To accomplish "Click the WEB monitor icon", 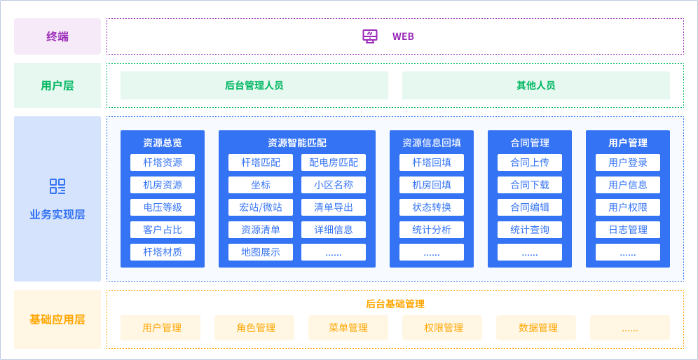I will point(370,36).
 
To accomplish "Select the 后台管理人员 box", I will point(254,85).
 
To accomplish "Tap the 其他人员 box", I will point(535,85).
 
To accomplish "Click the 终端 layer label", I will point(57,36).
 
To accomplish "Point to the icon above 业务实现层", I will point(57,186).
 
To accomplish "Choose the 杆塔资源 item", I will point(163,162).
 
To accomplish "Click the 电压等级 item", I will point(163,207).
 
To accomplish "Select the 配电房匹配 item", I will point(334,162).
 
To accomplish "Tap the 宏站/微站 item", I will point(261,207).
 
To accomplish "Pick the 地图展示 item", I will point(261,252).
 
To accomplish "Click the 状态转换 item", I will point(432,207).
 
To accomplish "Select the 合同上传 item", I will point(530,162).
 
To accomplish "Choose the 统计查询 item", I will point(530,230).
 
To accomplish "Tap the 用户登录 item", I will point(628,162).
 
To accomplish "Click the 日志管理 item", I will point(628,230).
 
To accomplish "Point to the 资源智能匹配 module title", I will point(297,143).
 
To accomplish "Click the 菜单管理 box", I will point(348,328).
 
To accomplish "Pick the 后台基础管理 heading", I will point(395,304).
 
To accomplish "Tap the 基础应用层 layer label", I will point(57,319).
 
